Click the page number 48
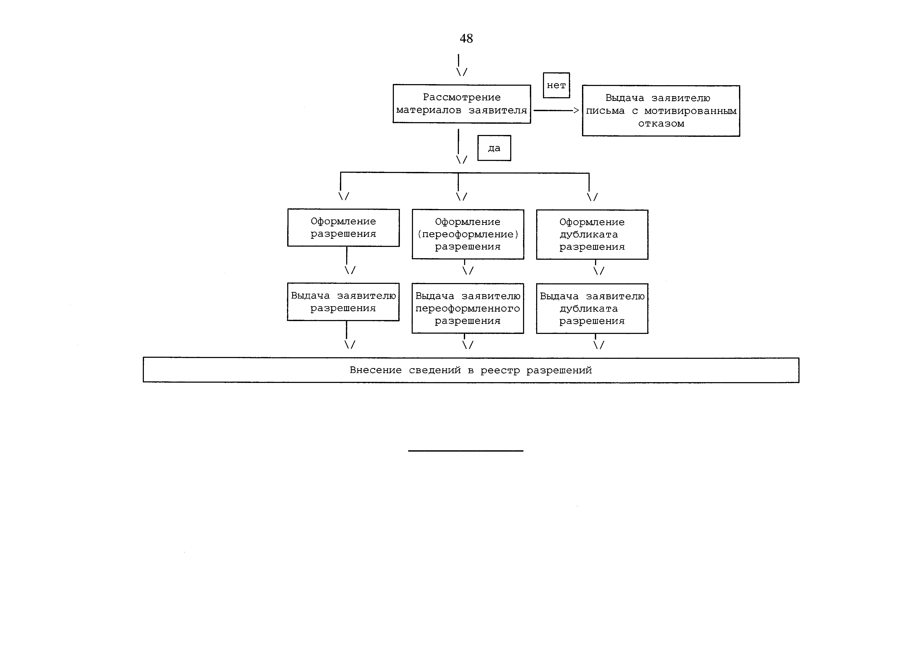tap(466, 39)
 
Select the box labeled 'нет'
tap(556, 85)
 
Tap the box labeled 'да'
tap(494, 148)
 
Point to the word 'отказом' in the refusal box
tap(661, 124)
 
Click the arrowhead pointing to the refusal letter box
tap(576, 110)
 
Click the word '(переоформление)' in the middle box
tap(467, 234)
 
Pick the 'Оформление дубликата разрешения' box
tap(592, 235)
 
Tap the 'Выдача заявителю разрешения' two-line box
tap(343, 302)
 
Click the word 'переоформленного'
tap(467, 308)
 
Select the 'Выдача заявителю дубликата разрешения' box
tap(592, 308)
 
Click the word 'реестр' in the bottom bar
tap(499, 370)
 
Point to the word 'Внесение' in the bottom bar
tap(376, 370)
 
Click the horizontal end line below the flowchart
tap(465, 451)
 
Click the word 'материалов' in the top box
tap(428, 110)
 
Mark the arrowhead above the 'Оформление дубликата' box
tap(592, 197)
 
